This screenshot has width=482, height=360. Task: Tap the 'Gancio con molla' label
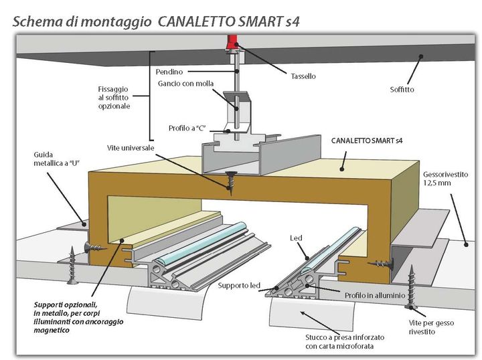click(x=181, y=84)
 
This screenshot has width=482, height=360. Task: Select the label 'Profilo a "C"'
click(x=186, y=128)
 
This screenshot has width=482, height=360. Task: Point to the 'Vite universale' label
click(x=131, y=147)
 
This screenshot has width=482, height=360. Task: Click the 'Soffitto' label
click(x=402, y=89)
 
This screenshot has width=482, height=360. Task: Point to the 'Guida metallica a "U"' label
click(x=52, y=159)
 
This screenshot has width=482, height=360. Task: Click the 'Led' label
click(x=295, y=238)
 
